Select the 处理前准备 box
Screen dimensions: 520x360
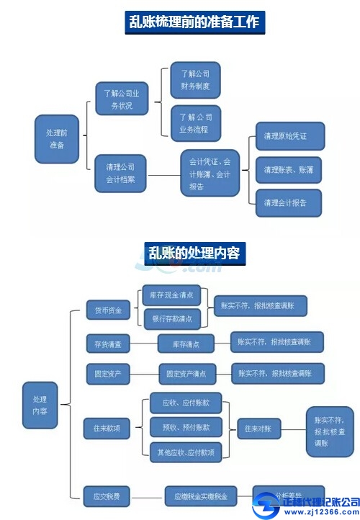pyautogui.click(x=57, y=139)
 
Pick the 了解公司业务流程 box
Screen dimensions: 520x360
pyautogui.click(x=195, y=123)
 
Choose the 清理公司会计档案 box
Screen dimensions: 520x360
pyautogui.click(x=120, y=173)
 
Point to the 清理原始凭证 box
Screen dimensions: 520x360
pyautogui.click(x=289, y=136)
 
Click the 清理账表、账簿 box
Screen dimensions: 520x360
pyautogui.click(x=289, y=170)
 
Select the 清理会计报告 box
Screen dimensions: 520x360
pyautogui.click(x=289, y=203)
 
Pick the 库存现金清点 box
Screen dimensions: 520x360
pyautogui.click(x=171, y=295)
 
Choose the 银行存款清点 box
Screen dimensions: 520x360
pyautogui.click(x=171, y=318)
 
